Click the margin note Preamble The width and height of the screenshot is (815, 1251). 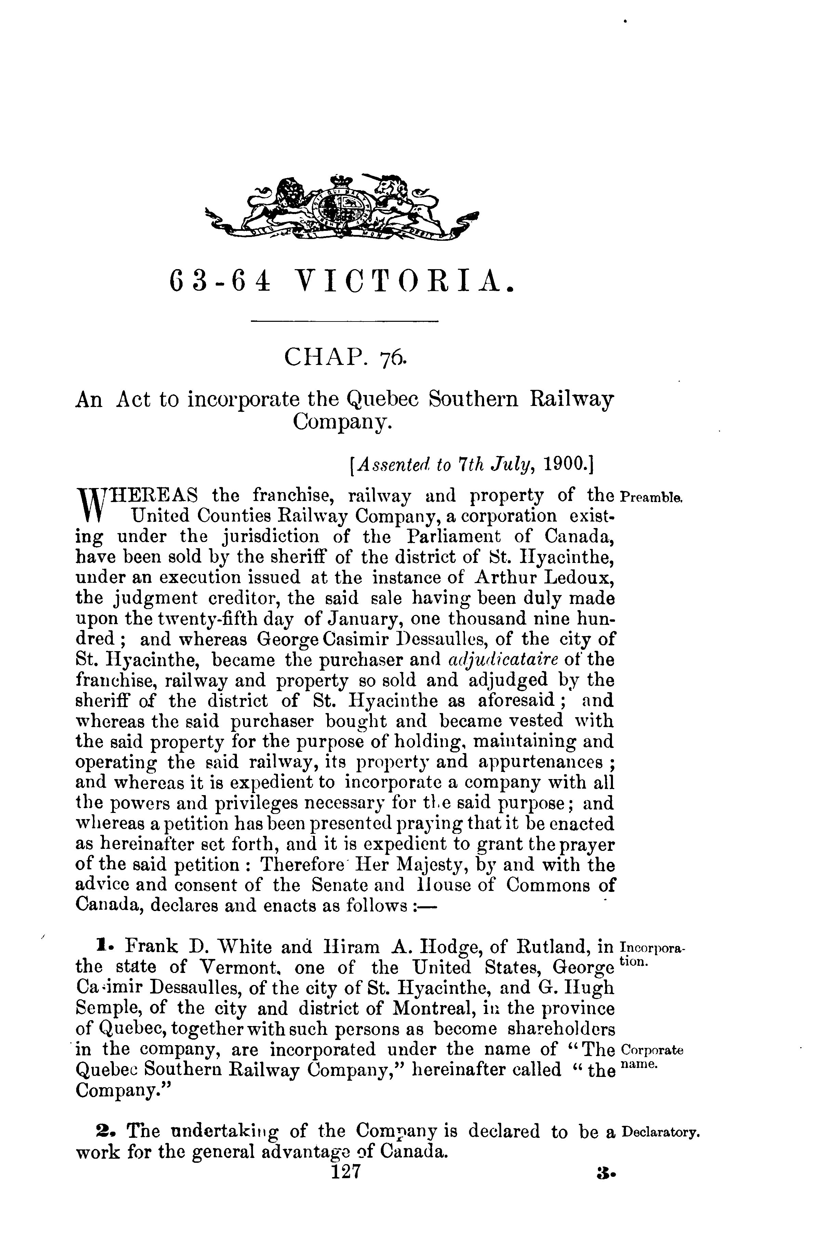click(x=651, y=497)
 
